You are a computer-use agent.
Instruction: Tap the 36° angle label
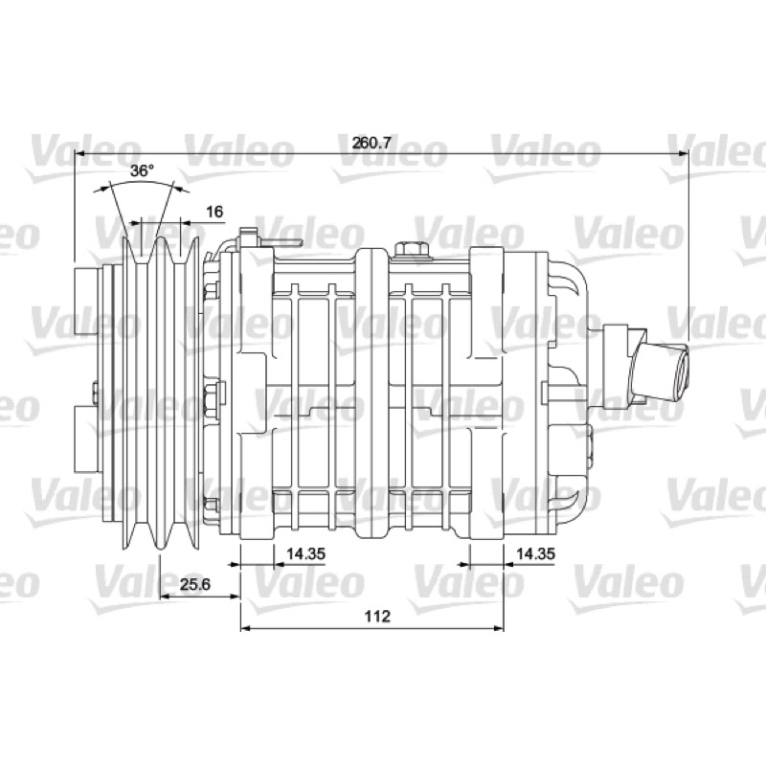click(142, 170)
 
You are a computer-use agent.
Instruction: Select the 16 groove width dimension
click(214, 212)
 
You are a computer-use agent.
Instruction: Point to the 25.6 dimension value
click(195, 584)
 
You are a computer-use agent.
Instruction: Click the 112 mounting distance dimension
click(377, 616)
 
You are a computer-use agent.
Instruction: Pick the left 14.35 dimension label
click(305, 553)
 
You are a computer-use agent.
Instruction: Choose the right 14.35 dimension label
click(536, 553)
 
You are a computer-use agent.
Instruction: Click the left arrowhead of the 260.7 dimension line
click(80, 153)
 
